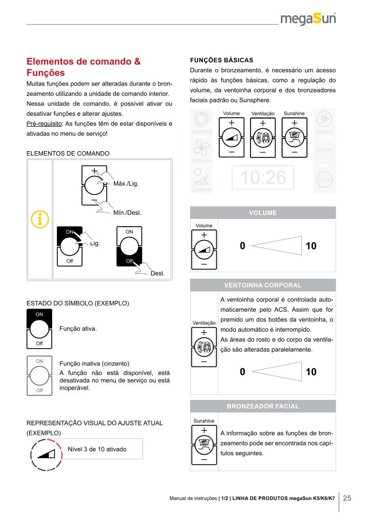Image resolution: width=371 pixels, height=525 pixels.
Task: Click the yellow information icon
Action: tap(39, 219)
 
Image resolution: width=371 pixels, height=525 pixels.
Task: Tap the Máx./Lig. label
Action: tap(126, 183)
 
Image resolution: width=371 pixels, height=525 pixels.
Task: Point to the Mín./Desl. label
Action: tap(127, 212)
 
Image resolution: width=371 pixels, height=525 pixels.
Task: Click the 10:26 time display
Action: tap(262, 177)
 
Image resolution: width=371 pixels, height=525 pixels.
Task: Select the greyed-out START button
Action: tap(324, 150)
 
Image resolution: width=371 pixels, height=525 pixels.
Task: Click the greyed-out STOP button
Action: tap(324, 180)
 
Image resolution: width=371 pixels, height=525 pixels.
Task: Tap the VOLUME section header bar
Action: tap(263, 213)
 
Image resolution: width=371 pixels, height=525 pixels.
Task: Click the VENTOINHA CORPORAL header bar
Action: tap(263, 285)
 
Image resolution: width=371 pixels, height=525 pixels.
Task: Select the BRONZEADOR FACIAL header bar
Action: tap(263, 406)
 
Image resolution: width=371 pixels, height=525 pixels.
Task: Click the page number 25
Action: tap(347, 498)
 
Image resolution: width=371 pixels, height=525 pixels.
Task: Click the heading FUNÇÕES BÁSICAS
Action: tap(221, 59)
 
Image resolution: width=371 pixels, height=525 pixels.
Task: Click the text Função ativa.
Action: tap(78, 328)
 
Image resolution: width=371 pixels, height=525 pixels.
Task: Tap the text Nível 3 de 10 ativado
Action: tap(97, 449)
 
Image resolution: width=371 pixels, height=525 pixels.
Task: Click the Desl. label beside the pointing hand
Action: tap(157, 273)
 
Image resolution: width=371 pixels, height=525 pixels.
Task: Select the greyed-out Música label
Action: tap(324, 132)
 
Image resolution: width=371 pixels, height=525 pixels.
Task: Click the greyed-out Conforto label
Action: tap(200, 190)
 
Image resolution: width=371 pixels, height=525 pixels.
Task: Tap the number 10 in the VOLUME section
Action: tap(311, 246)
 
